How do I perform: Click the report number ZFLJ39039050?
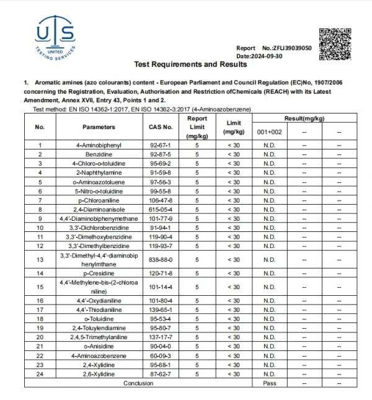[286, 48]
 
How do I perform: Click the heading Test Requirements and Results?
[186, 64]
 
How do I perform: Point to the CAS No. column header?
[161, 127]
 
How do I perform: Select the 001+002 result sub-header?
[269, 132]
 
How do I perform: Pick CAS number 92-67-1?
[161, 145]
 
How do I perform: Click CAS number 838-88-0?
[161, 260]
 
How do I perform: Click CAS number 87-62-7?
[161, 373]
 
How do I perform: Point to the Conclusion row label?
[138, 383]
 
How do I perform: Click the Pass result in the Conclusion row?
[269, 383]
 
